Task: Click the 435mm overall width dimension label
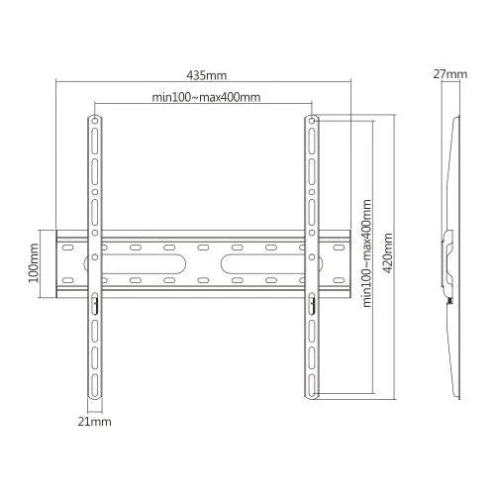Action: (205, 74)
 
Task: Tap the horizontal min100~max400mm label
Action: (206, 97)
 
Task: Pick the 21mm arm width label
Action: (96, 423)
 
